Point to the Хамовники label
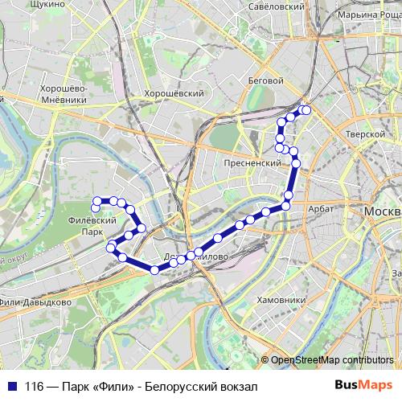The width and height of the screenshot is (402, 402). [x=281, y=299]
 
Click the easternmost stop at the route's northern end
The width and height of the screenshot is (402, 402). [x=306, y=110]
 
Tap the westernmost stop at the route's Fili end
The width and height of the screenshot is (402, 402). [x=96, y=201]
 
